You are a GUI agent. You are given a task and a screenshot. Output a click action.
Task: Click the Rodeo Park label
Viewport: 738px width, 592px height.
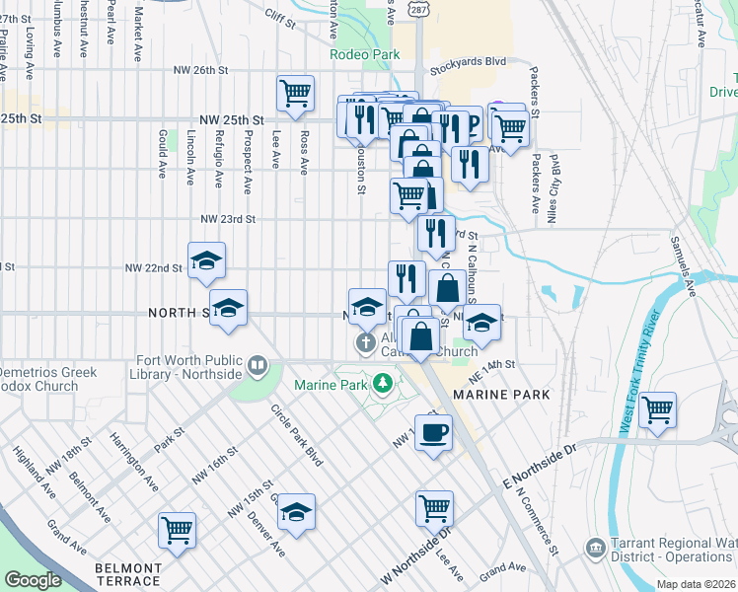coord(365,53)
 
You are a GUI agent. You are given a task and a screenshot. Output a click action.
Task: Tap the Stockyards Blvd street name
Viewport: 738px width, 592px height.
coord(468,61)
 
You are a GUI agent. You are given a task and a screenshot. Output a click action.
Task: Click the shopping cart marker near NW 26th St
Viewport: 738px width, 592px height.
coord(295,95)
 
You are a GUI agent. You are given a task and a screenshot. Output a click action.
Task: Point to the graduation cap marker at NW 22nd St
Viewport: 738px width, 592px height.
coord(206,261)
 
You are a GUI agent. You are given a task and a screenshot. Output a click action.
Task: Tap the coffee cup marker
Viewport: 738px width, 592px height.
coord(432,432)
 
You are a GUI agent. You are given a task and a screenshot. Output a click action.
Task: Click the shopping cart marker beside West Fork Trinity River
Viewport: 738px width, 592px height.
coord(657,409)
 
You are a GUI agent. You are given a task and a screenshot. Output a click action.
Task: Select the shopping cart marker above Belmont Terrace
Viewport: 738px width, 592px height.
coord(177,531)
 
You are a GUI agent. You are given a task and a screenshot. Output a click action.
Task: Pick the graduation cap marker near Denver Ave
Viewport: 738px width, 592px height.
coord(295,513)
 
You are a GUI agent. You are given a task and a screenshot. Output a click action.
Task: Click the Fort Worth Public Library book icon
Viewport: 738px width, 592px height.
coord(258,367)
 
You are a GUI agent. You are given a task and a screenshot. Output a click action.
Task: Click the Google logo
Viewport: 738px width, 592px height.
coord(33,580)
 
